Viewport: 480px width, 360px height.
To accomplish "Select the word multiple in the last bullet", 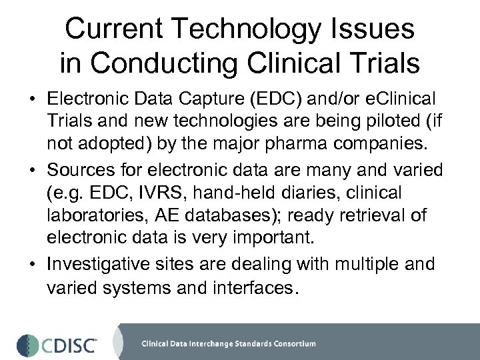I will click(x=357, y=264).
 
